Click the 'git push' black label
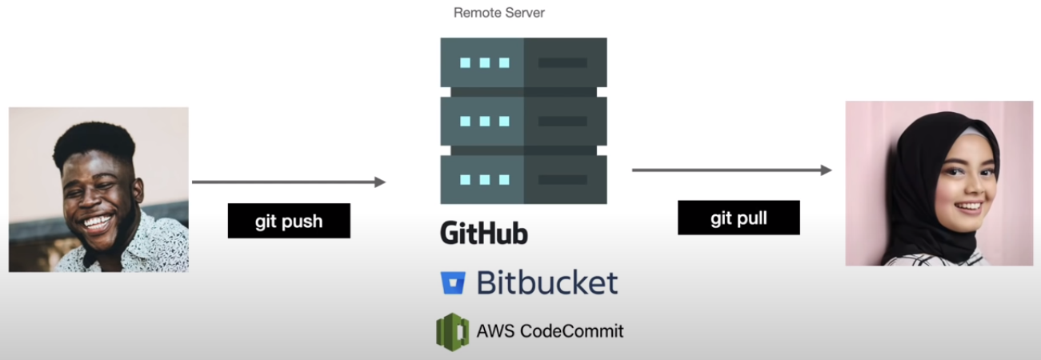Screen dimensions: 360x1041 (x=289, y=221)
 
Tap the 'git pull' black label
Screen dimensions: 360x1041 (x=739, y=218)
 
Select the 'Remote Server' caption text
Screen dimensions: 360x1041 (x=499, y=13)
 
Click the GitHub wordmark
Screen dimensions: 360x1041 (x=484, y=233)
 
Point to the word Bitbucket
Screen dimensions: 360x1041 (x=547, y=282)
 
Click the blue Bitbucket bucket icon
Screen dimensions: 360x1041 (x=453, y=283)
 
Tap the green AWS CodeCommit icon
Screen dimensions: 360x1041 (x=452, y=330)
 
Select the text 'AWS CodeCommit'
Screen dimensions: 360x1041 (x=550, y=330)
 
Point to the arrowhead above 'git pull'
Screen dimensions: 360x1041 (x=827, y=170)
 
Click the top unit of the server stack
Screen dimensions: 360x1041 (x=523, y=62)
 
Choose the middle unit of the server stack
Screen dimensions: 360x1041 (x=523, y=121)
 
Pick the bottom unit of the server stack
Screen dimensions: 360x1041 (x=523, y=179)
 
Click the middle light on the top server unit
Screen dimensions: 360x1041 (x=484, y=62)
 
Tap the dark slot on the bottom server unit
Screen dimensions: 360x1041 (x=563, y=179)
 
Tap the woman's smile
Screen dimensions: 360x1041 (x=969, y=206)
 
